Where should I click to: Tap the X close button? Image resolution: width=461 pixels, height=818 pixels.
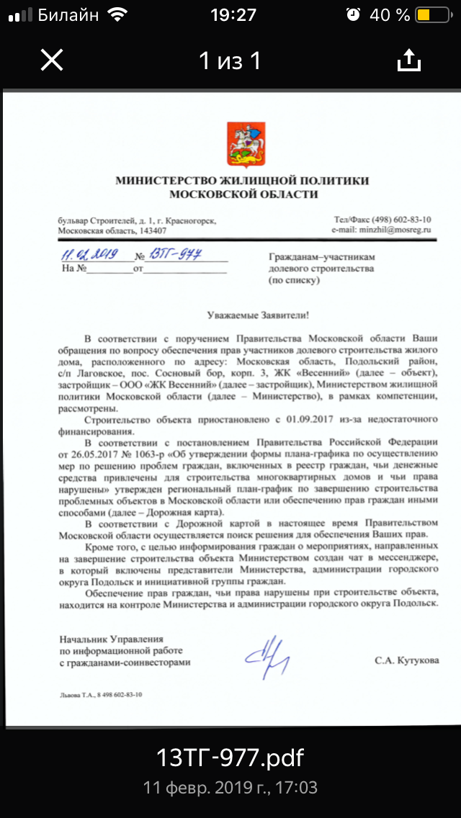tap(52, 60)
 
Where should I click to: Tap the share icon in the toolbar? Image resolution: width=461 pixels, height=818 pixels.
tap(408, 60)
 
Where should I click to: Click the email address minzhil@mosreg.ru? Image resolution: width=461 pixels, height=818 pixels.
tap(381, 230)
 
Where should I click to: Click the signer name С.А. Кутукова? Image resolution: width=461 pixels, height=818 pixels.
tap(406, 660)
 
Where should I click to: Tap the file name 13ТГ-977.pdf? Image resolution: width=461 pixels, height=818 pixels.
tap(230, 758)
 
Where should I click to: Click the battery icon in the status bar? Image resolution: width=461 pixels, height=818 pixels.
tap(430, 14)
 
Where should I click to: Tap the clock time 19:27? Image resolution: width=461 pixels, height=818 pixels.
tap(233, 14)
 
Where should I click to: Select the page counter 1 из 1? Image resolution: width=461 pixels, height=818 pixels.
tap(230, 61)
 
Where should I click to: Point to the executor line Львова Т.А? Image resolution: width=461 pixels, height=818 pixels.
tap(80, 696)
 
